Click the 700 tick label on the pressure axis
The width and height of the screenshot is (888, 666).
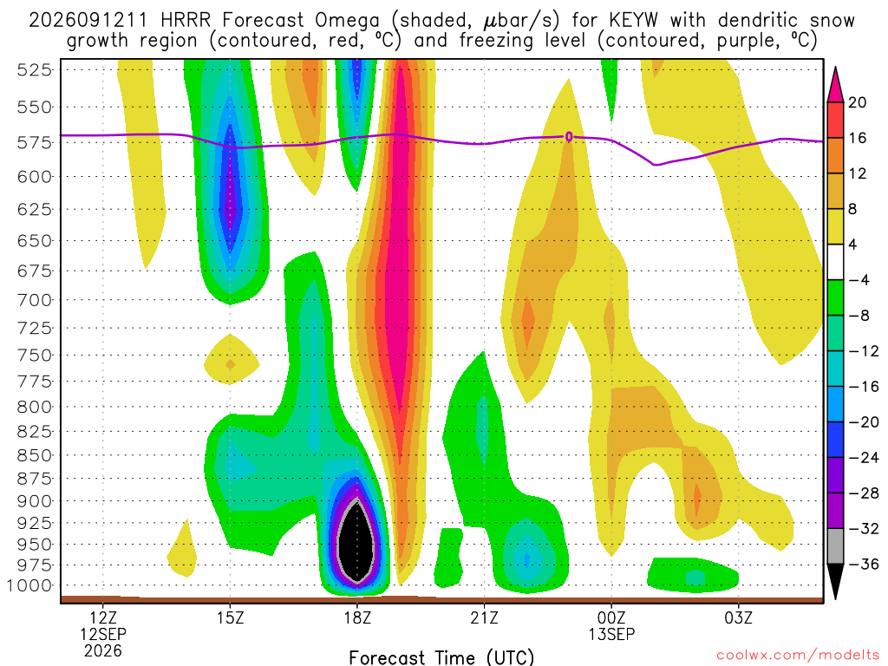[34, 299]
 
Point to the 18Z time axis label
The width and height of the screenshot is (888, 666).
[356, 617]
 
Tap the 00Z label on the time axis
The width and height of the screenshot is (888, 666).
[611, 617]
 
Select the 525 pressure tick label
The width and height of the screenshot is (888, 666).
[34, 70]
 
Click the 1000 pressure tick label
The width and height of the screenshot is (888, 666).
[29, 585]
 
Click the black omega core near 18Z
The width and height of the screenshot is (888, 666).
[356, 542]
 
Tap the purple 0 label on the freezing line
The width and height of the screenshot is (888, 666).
[569, 136]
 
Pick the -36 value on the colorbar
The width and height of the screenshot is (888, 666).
[863, 564]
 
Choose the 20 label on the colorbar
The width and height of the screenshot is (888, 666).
[858, 102]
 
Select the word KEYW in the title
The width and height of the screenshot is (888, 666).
[633, 21]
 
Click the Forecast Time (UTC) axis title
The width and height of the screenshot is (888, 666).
[441, 657]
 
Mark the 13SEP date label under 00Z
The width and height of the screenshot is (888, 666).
[611, 634]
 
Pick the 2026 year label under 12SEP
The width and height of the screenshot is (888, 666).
[102, 650]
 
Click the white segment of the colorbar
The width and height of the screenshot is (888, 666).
[835, 262]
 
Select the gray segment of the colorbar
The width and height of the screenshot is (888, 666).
[835, 546]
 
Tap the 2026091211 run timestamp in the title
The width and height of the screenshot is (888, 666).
[88, 21]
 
